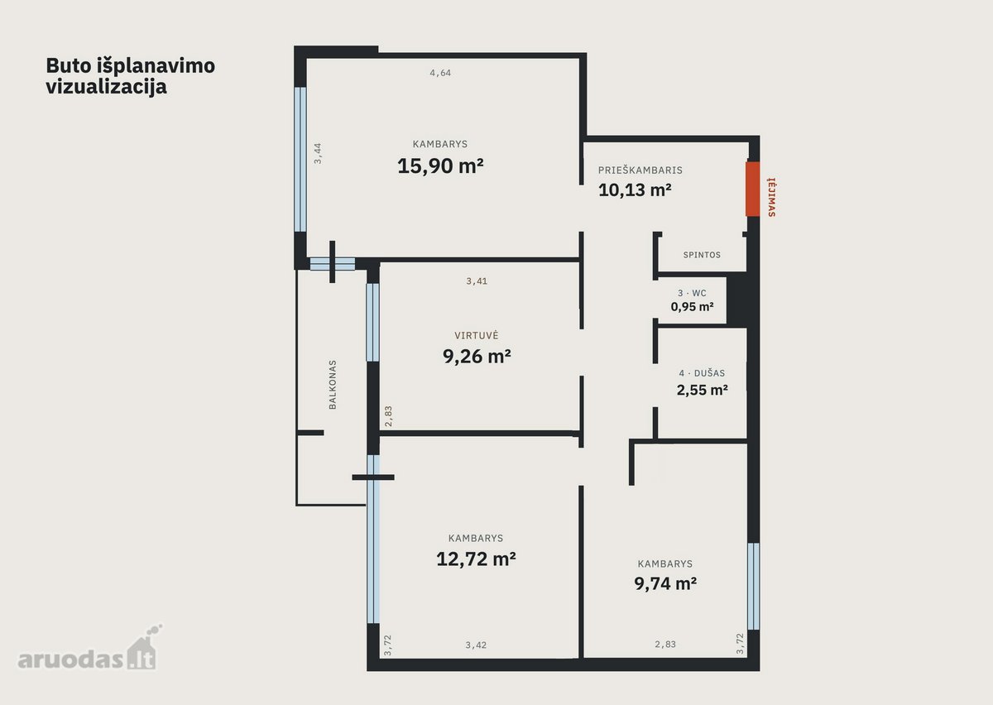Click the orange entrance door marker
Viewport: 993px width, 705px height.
click(753, 189)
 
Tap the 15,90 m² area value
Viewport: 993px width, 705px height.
click(440, 165)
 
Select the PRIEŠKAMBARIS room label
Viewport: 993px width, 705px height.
click(640, 170)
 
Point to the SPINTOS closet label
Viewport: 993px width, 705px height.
click(702, 255)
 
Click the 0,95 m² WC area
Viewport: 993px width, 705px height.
click(692, 306)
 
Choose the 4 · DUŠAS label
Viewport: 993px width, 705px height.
click(703, 373)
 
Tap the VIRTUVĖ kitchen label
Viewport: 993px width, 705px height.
click(477, 336)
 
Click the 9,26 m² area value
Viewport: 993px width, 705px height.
click(477, 356)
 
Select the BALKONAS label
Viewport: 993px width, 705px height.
click(333, 385)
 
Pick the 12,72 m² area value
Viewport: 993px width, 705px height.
click(476, 559)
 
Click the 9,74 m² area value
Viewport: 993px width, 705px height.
click(665, 583)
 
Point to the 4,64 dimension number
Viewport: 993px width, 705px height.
click(440, 73)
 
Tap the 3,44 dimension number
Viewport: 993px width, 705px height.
click(318, 153)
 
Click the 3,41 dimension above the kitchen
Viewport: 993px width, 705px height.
click(477, 281)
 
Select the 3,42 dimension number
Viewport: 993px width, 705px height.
click(476, 645)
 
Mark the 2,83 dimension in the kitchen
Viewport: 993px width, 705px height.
click(388, 416)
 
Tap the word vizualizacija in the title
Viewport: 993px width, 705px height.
click(107, 86)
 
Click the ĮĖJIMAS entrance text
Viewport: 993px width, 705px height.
click(772, 197)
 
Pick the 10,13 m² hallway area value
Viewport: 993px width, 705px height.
click(635, 189)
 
